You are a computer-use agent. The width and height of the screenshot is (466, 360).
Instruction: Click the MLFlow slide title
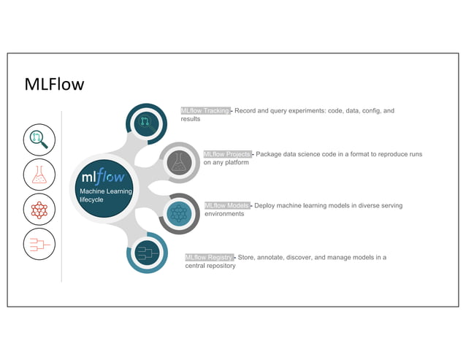click(55, 85)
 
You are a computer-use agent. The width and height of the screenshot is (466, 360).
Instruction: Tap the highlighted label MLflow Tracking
click(206, 111)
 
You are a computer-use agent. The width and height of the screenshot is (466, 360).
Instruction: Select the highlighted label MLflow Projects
click(228, 154)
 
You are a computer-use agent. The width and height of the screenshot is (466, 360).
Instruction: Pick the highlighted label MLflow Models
click(227, 206)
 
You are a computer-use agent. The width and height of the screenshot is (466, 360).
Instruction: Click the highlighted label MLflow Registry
click(210, 258)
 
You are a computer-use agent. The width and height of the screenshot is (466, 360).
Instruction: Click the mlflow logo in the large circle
click(103, 177)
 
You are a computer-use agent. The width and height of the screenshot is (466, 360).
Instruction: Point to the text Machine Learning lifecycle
click(105, 196)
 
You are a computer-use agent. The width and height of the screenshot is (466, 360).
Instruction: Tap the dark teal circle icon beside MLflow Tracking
click(147, 122)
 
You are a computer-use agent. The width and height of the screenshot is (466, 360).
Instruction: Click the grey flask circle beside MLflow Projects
click(179, 162)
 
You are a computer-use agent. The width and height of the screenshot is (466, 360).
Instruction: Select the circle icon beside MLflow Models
click(179, 213)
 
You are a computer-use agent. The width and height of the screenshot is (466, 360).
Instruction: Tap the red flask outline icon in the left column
click(39, 175)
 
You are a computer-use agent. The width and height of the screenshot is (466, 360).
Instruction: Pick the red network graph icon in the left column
click(39, 210)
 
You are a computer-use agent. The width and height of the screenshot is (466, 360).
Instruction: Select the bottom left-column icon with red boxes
click(39, 245)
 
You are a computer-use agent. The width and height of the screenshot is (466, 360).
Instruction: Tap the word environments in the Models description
click(224, 214)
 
